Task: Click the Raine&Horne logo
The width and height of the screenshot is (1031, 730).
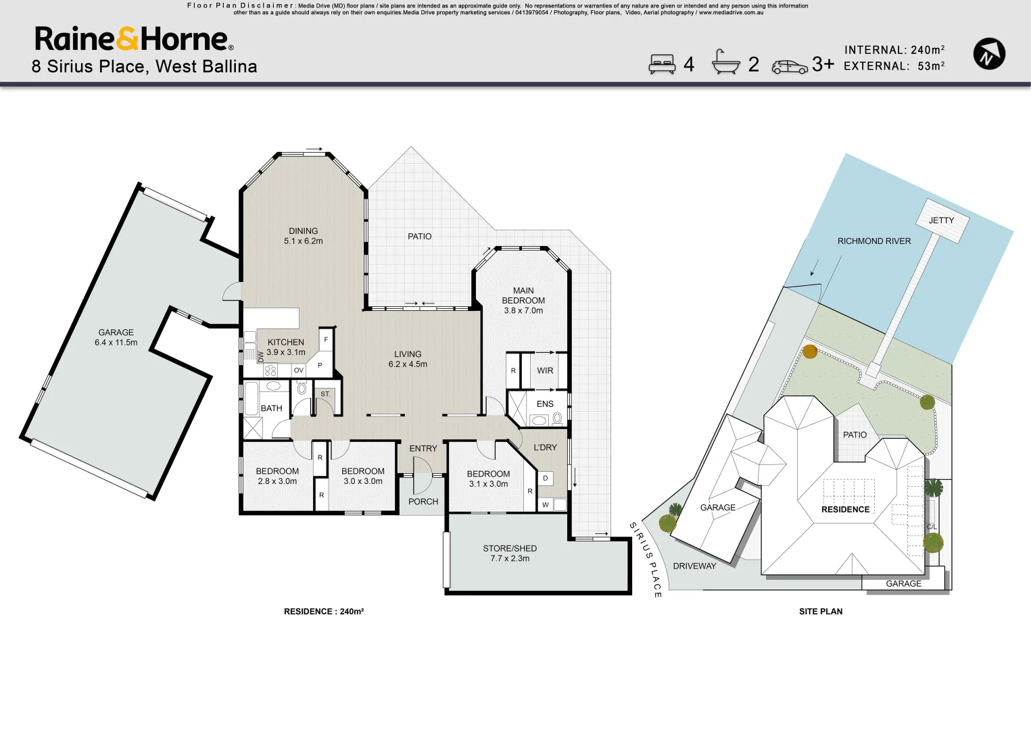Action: coord(134,39)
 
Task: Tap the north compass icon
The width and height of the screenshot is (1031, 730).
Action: coord(988,54)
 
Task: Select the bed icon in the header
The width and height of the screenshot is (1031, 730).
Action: coord(662,64)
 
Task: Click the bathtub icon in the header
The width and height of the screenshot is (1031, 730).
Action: coord(725,63)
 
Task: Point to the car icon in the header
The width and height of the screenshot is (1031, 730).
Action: coord(790,66)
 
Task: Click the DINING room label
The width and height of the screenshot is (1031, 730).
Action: coord(303,231)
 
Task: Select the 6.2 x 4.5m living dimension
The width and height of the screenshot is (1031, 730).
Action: coord(408,364)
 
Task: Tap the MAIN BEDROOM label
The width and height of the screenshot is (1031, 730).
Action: coord(523,295)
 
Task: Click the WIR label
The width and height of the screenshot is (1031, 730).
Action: coord(545,370)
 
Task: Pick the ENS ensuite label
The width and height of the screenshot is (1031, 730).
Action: coord(545,404)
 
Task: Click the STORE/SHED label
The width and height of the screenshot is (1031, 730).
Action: coord(510,548)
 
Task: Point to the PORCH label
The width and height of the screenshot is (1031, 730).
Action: coord(423,502)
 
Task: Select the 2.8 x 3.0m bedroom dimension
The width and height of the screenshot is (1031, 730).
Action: coord(277,481)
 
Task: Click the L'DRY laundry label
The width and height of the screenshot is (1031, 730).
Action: coord(545,447)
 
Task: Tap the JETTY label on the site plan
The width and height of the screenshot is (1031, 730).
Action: coord(941,220)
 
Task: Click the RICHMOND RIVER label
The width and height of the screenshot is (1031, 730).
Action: coord(873,241)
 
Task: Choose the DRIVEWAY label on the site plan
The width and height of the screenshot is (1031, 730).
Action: coord(694,566)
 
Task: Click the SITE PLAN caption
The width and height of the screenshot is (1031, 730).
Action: coord(821,611)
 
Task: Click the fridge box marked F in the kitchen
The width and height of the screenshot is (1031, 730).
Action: coord(326,339)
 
